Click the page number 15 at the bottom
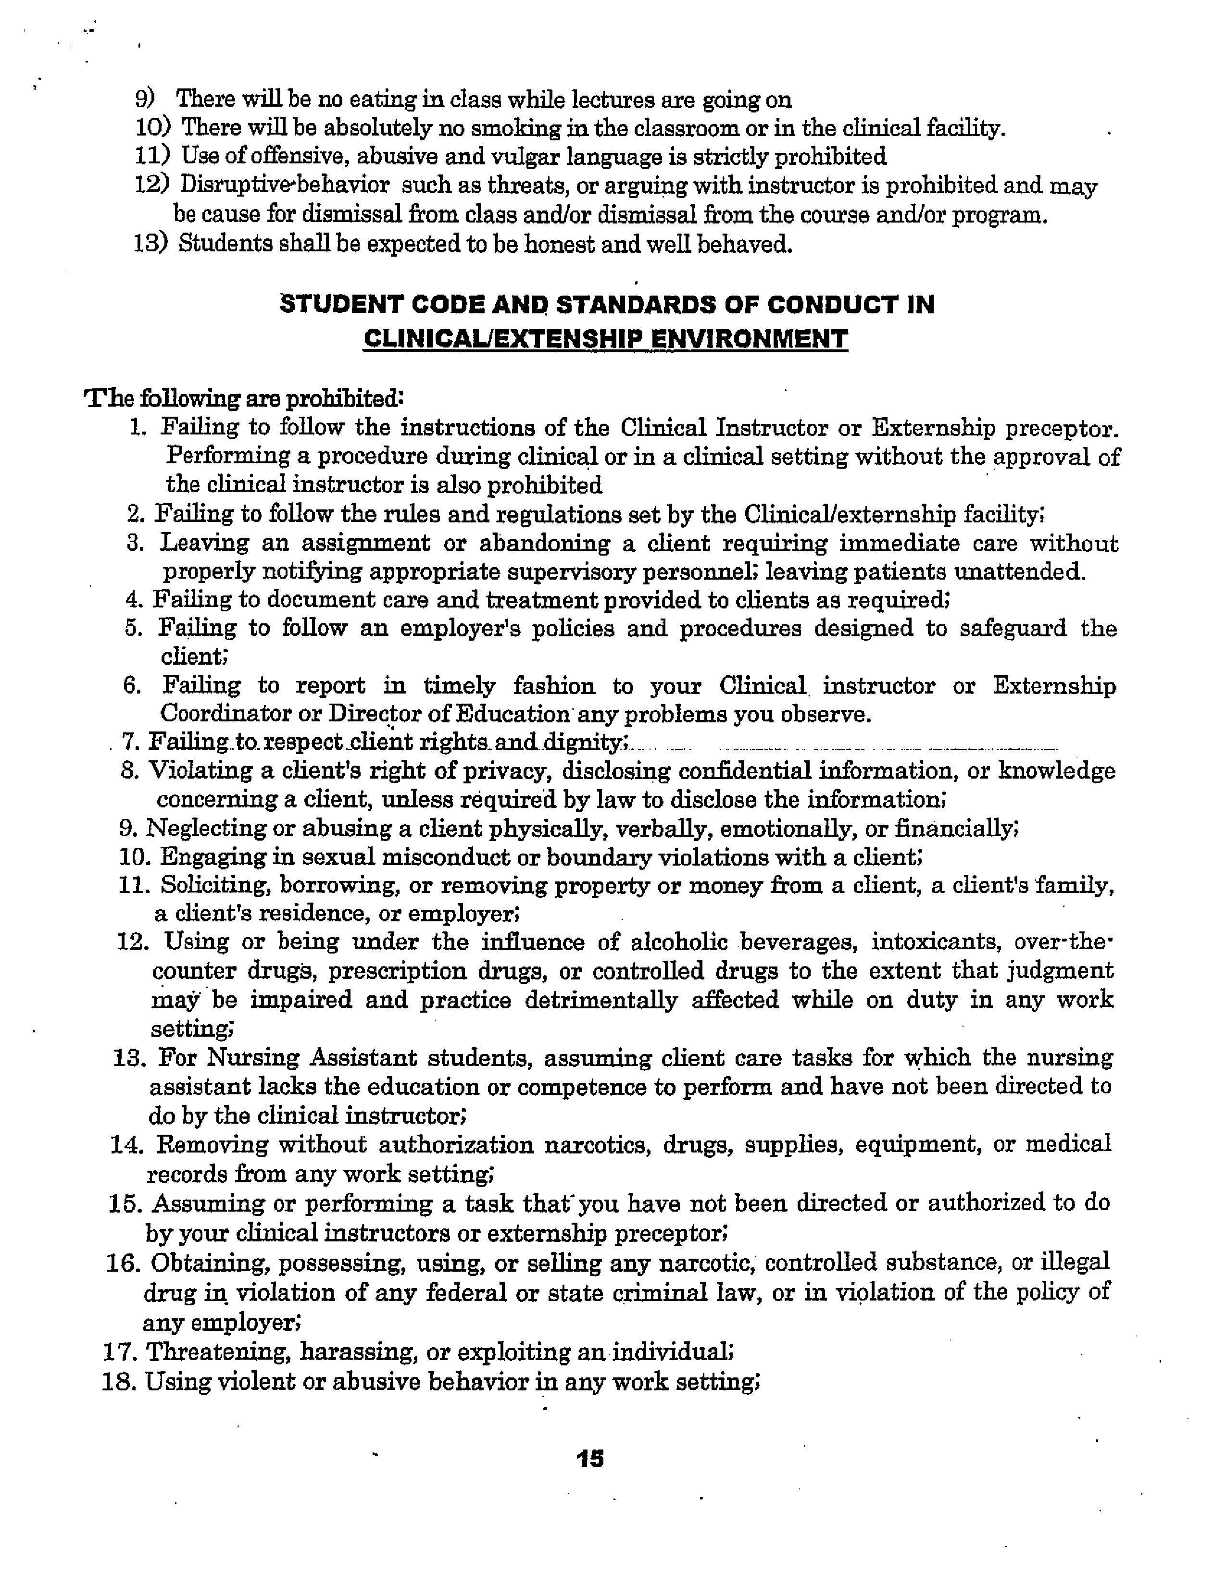[x=589, y=1458]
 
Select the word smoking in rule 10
[x=512, y=128]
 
